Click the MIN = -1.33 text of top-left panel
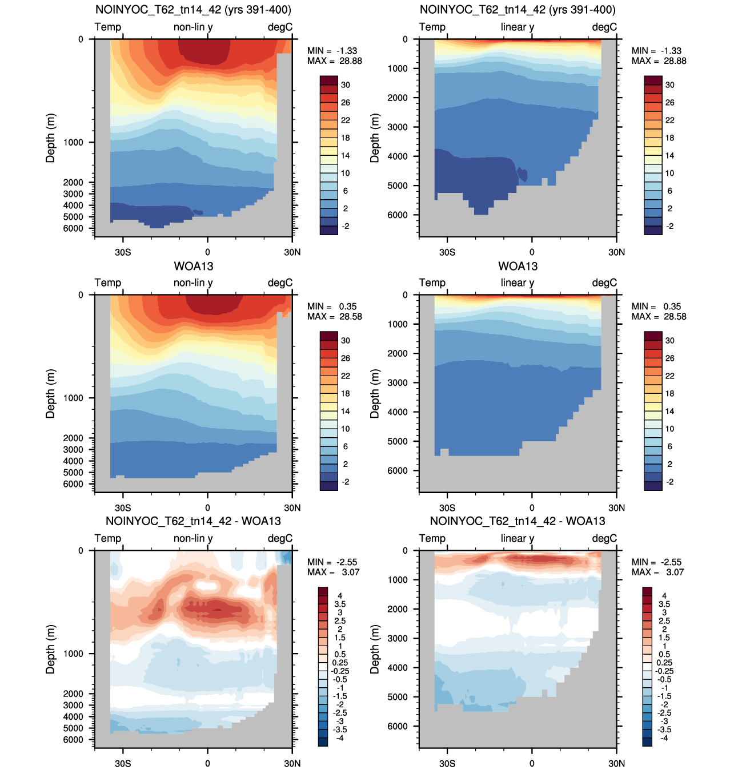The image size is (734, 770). tap(332, 51)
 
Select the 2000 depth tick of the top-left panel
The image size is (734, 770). tap(73, 182)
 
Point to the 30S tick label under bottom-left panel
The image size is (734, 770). tap(123, 763)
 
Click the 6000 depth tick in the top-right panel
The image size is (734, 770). tap(397, 215)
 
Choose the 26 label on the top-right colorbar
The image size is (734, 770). tap(669, 103)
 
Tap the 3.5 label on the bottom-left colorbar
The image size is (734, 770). tap(340, 604)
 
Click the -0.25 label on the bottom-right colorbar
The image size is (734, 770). tap(663, 671)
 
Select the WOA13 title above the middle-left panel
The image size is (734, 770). tap(193, 267)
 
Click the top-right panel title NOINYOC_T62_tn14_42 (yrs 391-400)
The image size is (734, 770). tap(518, 9)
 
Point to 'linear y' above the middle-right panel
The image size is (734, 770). tap(517, 283)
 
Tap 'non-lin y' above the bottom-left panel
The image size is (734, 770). tap(193, 538)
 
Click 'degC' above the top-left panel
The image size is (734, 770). tap(280, 27)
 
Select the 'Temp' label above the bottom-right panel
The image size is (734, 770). tap(432, 538)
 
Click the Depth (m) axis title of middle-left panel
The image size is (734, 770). tap(50, 394)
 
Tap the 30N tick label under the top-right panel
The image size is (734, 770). tap(616, 252)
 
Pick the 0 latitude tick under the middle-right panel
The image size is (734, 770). tap(532, 507)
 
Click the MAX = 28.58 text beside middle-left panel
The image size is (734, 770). tap(335, 316)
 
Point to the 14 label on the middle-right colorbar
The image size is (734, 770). tap(669, 411)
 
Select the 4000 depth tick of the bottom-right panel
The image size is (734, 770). tap(397, 667)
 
